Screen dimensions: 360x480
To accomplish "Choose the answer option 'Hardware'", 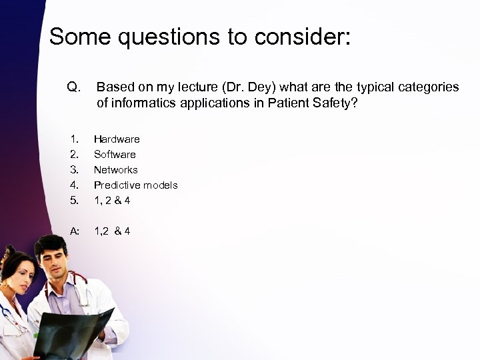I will tap(117, 139).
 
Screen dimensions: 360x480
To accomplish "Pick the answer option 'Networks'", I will tap(116, 169).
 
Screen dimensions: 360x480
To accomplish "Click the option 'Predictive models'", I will tap(135, 185).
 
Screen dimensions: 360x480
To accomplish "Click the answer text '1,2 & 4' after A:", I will tap(112, 231).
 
